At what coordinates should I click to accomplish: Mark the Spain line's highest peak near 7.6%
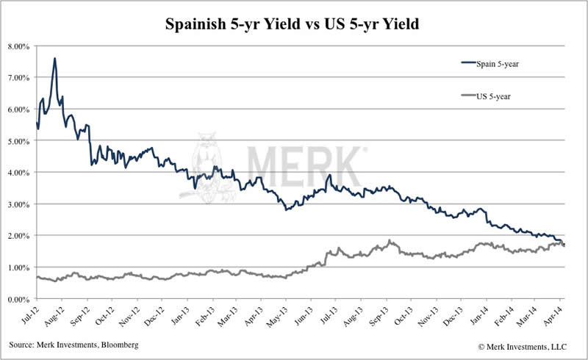(x=55, y=59)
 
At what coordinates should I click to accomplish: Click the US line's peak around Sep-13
(x=390, y=240)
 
